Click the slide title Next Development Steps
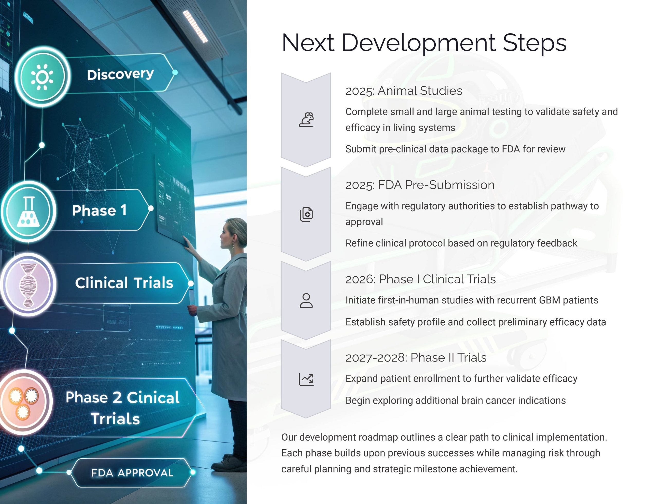tap(424, 43)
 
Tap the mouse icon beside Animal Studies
tap(306, 120)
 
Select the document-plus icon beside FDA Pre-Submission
tap(306, 214)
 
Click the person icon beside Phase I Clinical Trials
tap(306, 300)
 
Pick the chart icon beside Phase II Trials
tap(306, 379)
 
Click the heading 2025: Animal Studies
tap(404, 91)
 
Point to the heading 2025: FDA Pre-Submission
tap(420, 185)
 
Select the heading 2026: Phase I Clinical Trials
tap(421, 279)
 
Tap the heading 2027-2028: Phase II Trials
tap(416, 358)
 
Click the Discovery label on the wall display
tap(121, 74)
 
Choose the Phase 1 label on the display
tap(99, 210)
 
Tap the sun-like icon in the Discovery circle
tap(42, 77)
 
